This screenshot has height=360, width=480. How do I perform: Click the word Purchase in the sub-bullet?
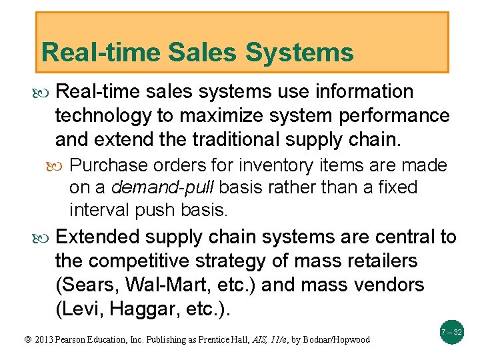[x=108, y=165]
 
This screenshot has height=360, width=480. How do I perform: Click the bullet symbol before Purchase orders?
[x=60, y=165]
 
